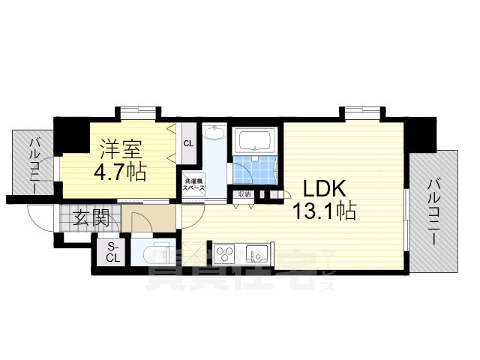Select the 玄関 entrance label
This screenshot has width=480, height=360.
[91, 218]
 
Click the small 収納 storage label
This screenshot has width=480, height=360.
[244, 194]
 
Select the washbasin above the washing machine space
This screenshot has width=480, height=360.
[214, 133]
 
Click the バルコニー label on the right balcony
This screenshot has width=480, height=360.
[434, 210]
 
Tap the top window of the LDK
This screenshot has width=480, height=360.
[363, 112]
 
